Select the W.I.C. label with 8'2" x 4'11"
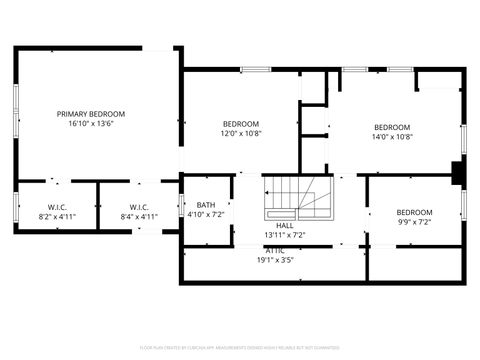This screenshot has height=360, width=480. tap(57, 207)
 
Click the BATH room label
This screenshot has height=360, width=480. tap(205, 205)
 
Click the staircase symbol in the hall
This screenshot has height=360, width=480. tap(290, 198)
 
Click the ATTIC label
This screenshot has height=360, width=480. tap(276, 250)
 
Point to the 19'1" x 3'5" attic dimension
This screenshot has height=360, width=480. tap(276, 260)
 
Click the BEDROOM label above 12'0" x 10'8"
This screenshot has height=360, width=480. tap(241, 123)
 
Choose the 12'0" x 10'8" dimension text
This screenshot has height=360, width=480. tap(241, 133)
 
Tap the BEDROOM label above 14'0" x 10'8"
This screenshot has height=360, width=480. tap(392, 127)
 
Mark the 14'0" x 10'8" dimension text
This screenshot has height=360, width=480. tap(392, 137)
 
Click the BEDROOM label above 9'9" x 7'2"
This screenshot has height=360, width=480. tap(414, 212)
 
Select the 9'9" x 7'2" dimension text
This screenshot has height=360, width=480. tap(414, 222)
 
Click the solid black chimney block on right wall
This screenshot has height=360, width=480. tap(457, 174)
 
